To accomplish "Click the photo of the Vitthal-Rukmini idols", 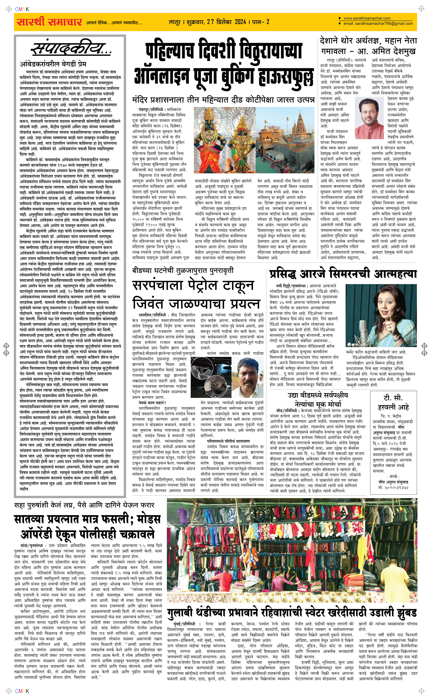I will [224, 139].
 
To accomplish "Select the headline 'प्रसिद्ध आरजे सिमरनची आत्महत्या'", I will [343, 274].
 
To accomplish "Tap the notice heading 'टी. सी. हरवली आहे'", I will [393, 403].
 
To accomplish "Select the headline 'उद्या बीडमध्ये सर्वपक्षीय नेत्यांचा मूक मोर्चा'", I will [318, 399].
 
